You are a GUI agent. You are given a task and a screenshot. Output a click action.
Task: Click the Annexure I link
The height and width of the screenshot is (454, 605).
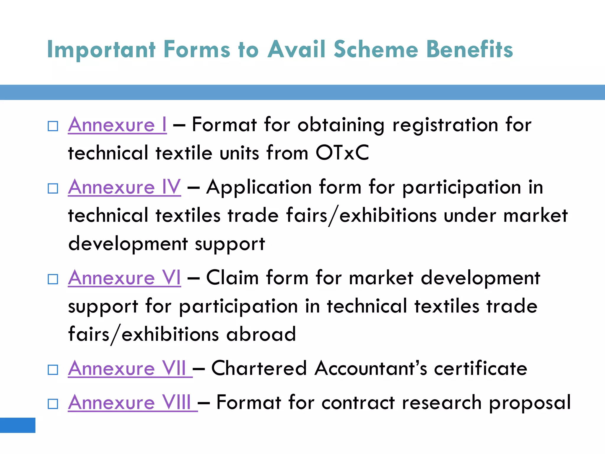pos(117,125)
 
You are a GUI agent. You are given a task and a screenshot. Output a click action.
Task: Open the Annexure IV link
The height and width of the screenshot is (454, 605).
pos(124,187)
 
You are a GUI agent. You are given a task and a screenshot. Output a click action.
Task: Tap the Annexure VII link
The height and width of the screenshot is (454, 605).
pos(130,369)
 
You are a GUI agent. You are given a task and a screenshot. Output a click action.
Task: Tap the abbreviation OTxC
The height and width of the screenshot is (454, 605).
pos(342,153)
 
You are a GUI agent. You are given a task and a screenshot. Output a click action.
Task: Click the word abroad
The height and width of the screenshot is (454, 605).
pos(261,334)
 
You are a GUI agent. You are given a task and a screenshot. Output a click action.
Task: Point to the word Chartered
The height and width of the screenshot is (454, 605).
pos(259,369)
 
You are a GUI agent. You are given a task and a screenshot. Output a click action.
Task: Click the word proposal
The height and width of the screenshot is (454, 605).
pos(530,403)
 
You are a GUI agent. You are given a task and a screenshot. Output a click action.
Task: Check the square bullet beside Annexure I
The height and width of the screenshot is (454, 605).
pos(53,126)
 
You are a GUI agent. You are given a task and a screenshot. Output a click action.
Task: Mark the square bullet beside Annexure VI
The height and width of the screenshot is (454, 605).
pos(53,279)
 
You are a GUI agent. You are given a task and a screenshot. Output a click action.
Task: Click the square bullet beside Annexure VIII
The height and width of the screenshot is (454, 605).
pos(53,404)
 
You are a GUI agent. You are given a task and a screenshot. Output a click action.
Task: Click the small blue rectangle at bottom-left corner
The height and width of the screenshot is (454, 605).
pos(18,425)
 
